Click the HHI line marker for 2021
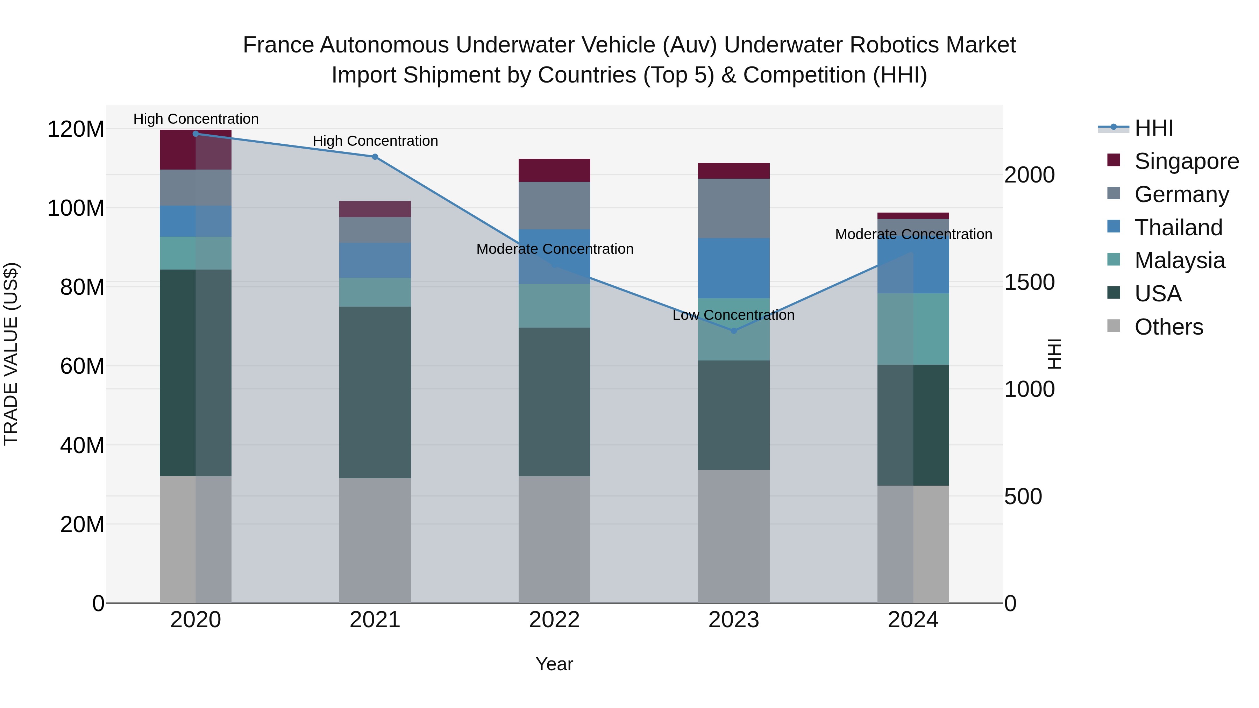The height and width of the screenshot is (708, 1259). coord(375,157)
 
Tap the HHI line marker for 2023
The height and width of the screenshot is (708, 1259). coord(734,331)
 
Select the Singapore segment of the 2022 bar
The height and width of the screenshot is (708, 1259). coord(554,170)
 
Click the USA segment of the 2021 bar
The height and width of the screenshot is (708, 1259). coord(375,392)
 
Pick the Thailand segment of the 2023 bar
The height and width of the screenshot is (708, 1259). coord(734,268)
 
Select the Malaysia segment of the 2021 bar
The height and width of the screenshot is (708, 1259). coord(375,292)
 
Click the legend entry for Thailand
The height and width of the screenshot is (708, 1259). coord(1178,228)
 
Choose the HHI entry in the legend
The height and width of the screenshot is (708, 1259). coord(1153,128)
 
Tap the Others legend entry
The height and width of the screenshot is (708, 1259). coord(1168,327)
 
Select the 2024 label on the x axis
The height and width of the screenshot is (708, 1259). coord(913,620)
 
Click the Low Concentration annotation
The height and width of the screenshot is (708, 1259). coord(734,315)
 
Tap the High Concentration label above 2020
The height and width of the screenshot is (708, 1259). coord(196,119)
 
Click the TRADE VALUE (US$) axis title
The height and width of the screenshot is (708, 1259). coord(11,354)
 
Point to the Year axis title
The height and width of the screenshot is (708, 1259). coord(554,664)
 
